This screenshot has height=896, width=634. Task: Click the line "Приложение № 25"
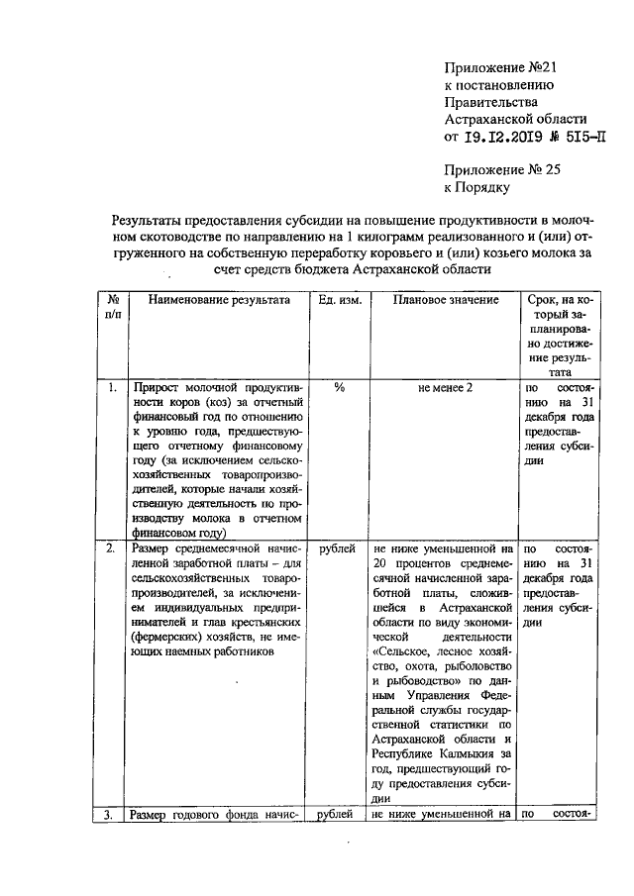click(503, 169)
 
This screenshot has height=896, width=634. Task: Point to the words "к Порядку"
click(477, 186)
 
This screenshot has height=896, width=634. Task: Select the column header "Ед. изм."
click(339, 300)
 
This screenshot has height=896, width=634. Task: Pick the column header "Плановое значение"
click(440, 300)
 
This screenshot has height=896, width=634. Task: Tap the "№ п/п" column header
click(114, 307)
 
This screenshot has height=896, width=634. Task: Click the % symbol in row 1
click(339, 388)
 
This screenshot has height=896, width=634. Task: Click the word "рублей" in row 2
click(339, 548)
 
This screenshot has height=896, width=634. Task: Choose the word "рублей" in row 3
click(339, 815)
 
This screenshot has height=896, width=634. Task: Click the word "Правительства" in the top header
click(492, 102)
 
